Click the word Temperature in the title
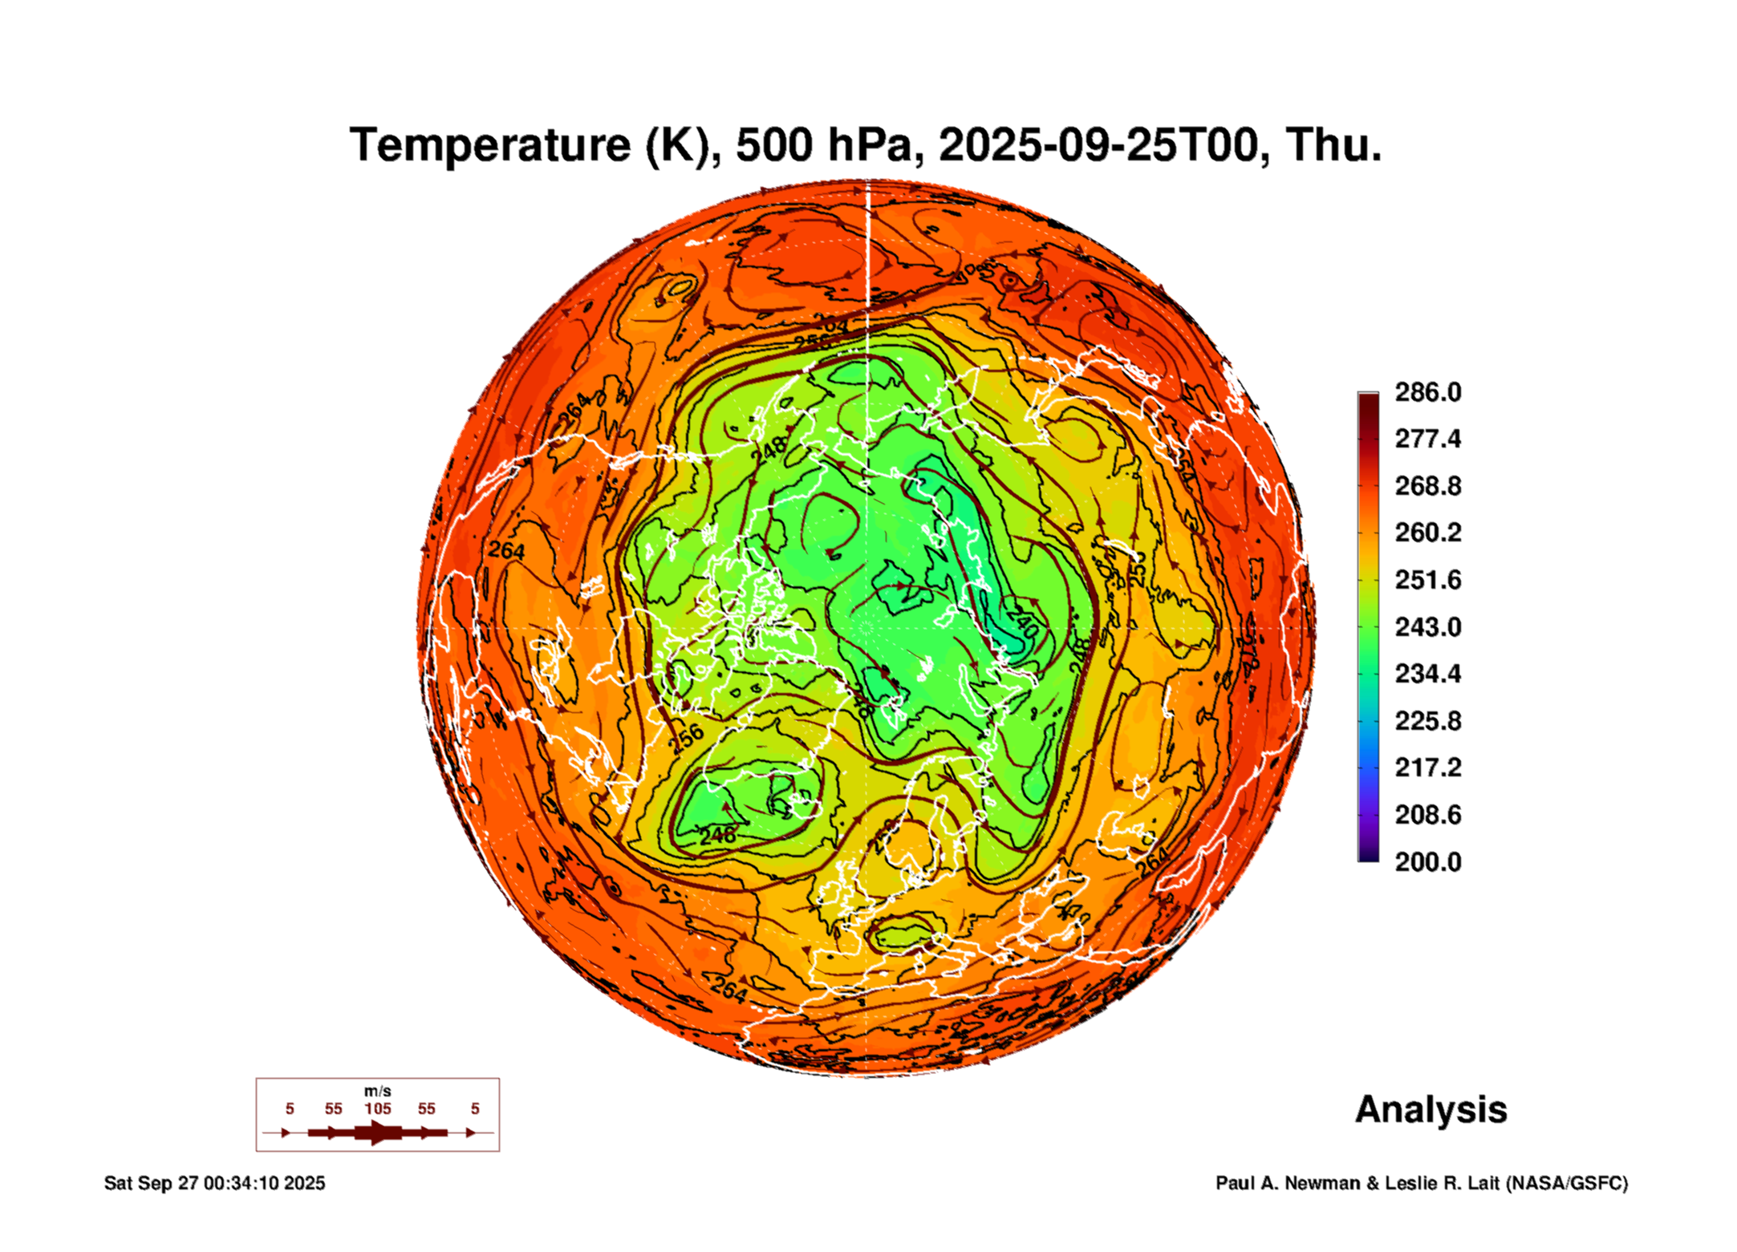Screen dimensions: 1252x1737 click(489, 145)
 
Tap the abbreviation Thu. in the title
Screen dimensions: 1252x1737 click(1333, 145)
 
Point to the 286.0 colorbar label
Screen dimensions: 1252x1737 click(1427, 392)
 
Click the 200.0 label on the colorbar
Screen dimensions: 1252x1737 click(1427, 862)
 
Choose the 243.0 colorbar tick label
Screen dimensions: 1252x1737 click(1427, 627)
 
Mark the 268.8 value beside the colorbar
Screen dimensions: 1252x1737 click(1427, 486)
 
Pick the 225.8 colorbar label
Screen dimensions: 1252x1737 click(1427, 721)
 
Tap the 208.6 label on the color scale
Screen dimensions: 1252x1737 click(1427, 815)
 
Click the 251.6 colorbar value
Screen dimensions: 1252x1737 click(1427, 580)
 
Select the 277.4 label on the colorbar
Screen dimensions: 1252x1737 click(1427, 439)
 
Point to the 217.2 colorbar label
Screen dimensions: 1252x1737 click(1427, 768)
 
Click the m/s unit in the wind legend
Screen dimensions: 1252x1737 click(377, 1091)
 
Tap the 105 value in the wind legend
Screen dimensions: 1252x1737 click(377, 1109)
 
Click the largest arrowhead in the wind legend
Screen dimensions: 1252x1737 click(379, 1132)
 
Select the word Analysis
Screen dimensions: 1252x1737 click(1431, 1110)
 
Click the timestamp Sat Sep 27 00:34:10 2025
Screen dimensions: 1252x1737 click(214, 1183)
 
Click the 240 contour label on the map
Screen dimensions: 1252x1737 click(1022, 621)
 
